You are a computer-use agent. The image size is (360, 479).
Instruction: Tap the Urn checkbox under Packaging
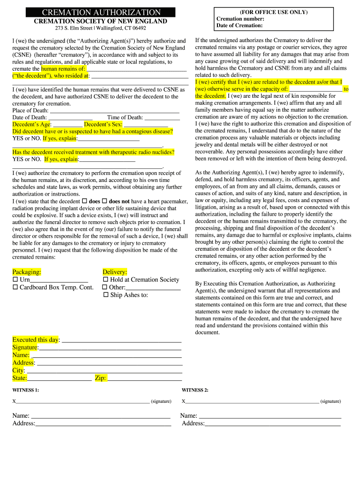[15, 280]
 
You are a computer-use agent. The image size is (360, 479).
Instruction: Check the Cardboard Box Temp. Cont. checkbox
[15, 287]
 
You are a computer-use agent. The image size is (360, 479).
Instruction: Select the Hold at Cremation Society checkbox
[106, 280]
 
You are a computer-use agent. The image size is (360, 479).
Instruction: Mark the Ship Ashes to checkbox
[106, 295]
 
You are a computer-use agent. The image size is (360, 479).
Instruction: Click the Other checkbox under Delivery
[105, 287]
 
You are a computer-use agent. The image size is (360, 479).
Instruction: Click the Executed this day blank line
[121, 341]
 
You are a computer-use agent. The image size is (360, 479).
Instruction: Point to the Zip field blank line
[144, 378]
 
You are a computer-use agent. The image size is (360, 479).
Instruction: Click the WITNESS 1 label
[26, 390]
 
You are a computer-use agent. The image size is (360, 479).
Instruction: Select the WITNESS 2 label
[195, 390]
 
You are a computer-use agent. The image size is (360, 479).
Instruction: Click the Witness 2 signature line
[252, 402]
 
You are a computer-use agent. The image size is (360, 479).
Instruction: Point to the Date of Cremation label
[239, 26]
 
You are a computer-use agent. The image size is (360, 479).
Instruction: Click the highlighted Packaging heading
[27, 272]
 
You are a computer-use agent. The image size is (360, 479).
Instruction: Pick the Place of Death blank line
[114, 111]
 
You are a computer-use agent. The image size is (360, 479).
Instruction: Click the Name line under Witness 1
[101, 416]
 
